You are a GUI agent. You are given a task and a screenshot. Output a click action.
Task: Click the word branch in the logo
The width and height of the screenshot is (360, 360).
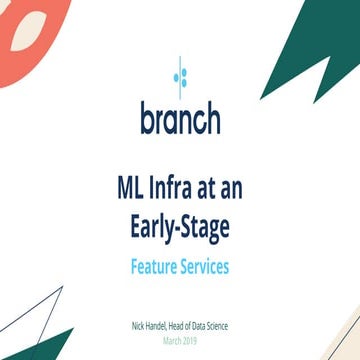(x=180, y=117)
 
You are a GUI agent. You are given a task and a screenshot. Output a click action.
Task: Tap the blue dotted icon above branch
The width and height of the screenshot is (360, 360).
(x=180, y=74)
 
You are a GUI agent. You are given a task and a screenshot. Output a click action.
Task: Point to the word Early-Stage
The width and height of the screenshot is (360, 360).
(x=180, y=227)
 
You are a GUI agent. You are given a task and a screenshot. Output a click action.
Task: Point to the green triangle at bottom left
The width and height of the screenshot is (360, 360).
(x=50, y=345)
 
